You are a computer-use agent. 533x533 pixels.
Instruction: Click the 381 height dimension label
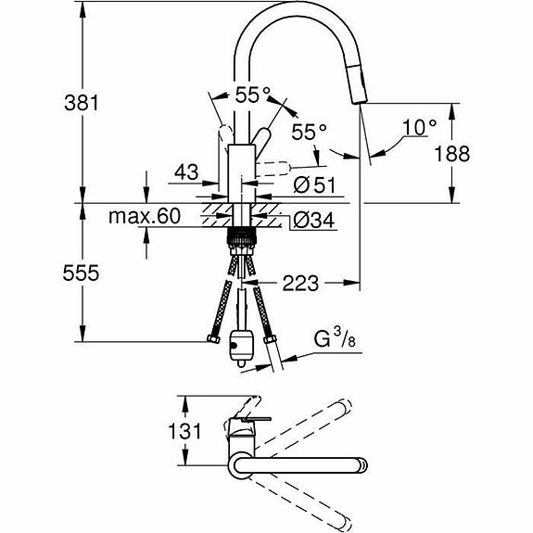82,103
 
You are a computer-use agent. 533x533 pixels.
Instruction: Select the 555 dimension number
81,273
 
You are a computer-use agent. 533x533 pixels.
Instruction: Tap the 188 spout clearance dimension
452,153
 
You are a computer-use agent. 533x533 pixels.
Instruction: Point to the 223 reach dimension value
300,283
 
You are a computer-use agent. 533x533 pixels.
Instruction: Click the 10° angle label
419,128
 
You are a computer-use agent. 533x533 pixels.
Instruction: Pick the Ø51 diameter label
314,185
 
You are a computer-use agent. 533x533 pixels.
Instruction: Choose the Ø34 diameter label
313,221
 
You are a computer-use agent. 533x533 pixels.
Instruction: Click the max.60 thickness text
144,216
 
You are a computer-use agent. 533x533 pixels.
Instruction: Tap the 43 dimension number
186,172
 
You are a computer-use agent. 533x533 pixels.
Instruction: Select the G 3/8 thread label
335,338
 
